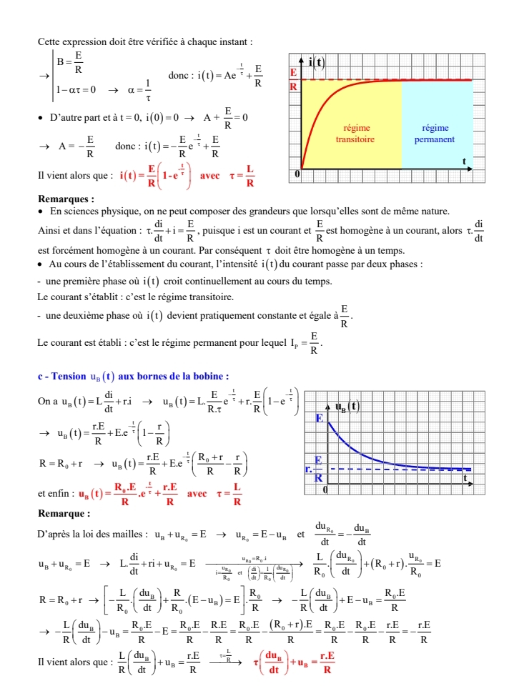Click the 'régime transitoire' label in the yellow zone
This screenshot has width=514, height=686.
(x=355, y=134)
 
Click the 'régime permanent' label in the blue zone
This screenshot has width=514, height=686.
(x=435, y=134)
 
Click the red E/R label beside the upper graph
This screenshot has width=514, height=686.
(x=293, y=79)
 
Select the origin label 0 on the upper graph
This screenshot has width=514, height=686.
(x=298, y=174)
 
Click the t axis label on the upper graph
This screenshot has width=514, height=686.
(x=464, y=162)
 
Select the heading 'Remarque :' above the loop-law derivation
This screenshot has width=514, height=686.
(x=64, y=513)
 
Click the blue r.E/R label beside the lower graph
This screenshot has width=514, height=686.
(x=314, y=468)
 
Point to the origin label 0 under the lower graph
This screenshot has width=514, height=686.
(x=325, y=489)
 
